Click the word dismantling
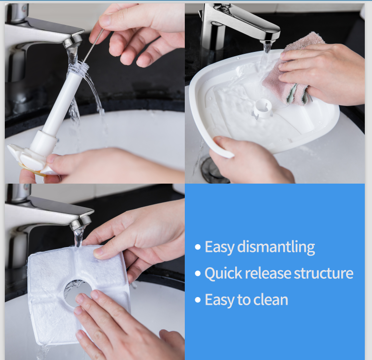[x=276, y=247]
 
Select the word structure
[x=324, y=273]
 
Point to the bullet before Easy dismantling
[x=198, y=247]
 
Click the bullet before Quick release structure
[x=198, y=273]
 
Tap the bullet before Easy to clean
[x=198, y=300]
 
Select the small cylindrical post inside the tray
[x=263, y=109]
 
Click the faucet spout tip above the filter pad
[x=80, y=224]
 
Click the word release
[x=268, y=273]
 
